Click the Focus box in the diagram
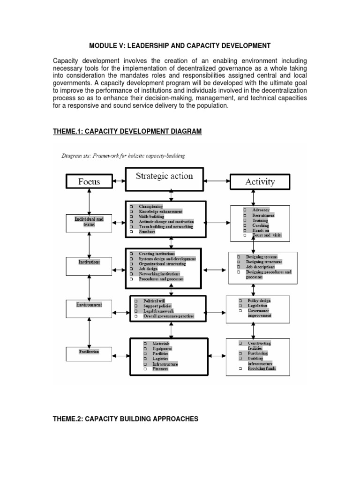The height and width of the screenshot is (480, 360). tap(89, 181)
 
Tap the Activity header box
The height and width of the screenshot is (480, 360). tap(260, 181)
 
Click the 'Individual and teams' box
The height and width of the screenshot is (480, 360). tap(89, 221)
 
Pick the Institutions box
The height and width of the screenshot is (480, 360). tap(89, 262)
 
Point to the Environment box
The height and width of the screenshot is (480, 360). tap(89, 305)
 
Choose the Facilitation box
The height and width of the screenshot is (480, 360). tap(89, 351)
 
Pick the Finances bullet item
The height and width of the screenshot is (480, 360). tap(160, 369)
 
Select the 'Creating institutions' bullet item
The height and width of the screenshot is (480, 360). tap(157, 253)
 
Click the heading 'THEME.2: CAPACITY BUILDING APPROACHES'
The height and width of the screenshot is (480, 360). tap(125, 419)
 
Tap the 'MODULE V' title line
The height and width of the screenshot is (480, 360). tap(180, 45)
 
